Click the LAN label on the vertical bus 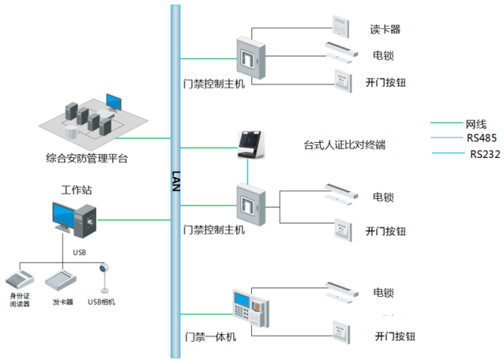[176, 179]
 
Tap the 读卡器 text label [386, 29]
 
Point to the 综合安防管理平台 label [87, 158]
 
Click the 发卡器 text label [63, 302]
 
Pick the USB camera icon [103, 277]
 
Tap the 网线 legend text [476, 124]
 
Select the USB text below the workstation [80, 253]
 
